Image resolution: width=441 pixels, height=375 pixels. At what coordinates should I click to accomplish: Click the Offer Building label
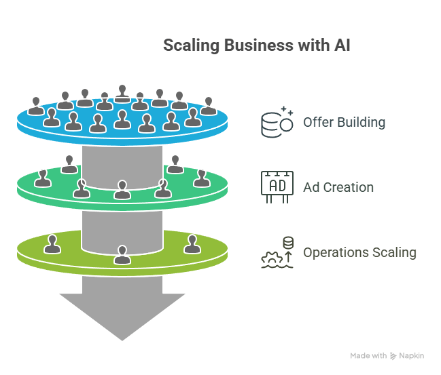[344, 123]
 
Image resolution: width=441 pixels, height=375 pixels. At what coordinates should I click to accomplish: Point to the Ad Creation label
[338, 187]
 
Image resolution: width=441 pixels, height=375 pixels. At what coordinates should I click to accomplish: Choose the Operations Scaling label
[359, 253]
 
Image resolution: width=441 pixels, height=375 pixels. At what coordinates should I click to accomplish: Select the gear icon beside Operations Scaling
[270, 258]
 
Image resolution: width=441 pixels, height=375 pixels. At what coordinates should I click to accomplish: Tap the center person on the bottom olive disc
[122, 254]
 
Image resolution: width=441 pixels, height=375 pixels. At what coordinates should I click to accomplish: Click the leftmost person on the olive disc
[52, 243]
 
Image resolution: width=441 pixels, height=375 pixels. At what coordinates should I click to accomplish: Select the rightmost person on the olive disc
[192, 243]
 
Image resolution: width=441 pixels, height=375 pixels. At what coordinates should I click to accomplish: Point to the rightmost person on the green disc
[200, 178]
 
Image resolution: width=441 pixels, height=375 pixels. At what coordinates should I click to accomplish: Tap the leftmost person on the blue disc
[36, 106]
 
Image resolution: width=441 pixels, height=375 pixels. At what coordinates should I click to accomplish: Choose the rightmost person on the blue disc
[209, 106]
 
